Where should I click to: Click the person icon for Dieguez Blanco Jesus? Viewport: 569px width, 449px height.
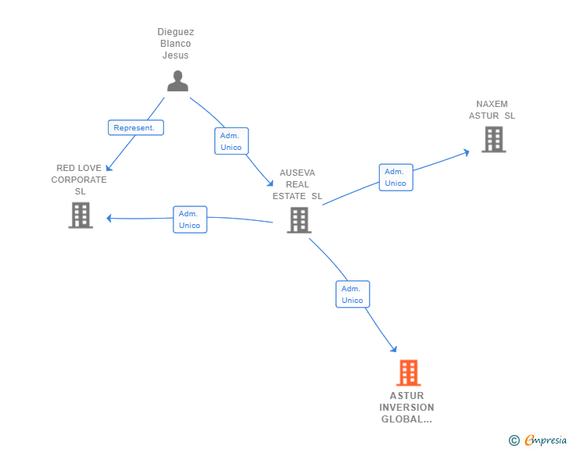click(x=177, y=80)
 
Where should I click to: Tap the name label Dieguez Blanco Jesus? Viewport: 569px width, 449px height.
click(x=176, y=44)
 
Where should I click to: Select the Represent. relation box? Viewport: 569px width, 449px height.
click(x=136, y=127)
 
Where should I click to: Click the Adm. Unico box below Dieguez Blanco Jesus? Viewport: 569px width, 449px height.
click(x=231, y=141)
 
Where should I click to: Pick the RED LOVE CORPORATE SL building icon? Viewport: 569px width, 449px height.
click(x=81, y=216)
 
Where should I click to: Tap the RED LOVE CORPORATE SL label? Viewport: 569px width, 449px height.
click(x=79, y=180)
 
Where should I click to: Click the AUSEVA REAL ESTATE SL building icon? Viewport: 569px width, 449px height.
click(x=299, y=220)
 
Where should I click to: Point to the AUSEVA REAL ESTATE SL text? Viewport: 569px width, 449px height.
click(x=297, y=184)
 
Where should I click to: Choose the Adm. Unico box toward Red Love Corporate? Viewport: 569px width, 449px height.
click(x=190, y=219)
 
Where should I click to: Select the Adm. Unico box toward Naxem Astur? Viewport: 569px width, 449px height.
click(x=395, y=177)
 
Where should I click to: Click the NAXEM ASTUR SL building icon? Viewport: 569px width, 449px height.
click(x=493, y=139)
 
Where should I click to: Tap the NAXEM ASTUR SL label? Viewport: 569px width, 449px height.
click(x=492, y=110)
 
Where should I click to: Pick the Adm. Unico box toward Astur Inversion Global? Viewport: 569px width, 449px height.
click(x=352, y=294)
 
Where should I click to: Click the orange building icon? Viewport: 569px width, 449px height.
click(x=408, y=373)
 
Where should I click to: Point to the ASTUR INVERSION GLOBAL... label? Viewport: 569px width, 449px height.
click(x=406, y=408)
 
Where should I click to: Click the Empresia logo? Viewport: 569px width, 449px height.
click(x=546, y=440)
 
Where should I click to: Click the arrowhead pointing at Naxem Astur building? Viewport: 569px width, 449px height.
click(x=466, y=151)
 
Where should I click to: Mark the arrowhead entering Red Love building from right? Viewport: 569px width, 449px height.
click(x=109, y=219)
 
